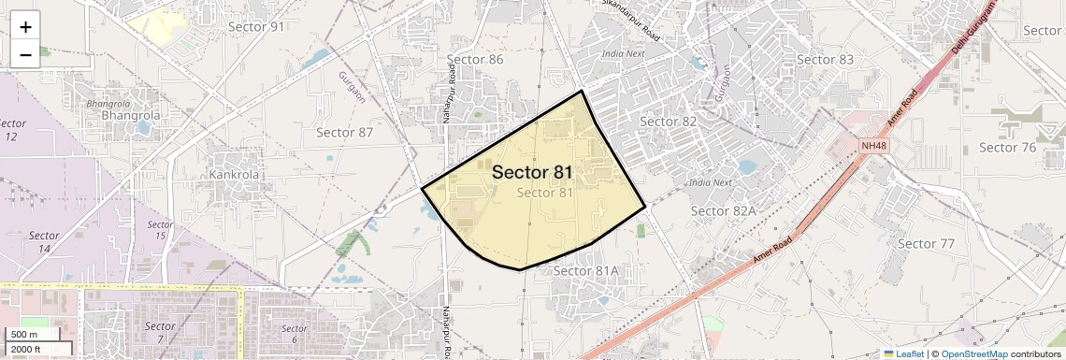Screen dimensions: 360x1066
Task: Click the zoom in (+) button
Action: (25, 27)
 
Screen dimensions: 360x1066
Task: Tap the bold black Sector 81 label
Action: (532, 172)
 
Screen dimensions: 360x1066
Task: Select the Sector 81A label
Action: (586, 271)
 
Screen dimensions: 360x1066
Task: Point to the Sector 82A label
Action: (723, 211)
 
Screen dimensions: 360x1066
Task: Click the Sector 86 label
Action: (475, 60)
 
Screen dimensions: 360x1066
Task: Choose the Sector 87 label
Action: (344, 133)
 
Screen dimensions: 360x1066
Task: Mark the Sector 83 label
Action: (825, 60)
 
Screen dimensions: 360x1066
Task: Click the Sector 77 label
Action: (926, 244)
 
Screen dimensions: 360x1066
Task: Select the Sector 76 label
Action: (1007, 148)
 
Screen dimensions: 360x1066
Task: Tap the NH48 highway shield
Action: (874, 146)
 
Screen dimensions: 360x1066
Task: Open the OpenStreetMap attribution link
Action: (974, 354)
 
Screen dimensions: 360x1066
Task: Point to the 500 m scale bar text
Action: (24, 335)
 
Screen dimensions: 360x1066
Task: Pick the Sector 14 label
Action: (44, 242)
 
